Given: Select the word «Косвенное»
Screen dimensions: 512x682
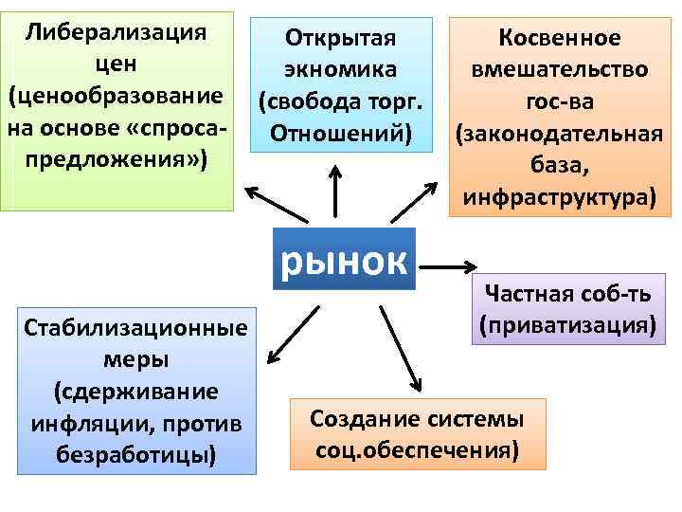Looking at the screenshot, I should [x=559, y=38].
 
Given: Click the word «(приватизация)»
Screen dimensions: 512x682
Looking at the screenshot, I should [x=567, y=325].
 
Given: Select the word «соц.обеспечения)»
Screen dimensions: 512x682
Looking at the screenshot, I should [x=418, y=448].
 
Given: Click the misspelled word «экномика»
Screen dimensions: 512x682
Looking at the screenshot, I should [x=338, y=70].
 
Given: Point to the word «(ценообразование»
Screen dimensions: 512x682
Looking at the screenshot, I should [x=117, y=97].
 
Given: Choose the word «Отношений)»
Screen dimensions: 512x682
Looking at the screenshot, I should [x=338, y=133].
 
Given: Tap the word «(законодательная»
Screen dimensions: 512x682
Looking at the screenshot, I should [x=558, y=135].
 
